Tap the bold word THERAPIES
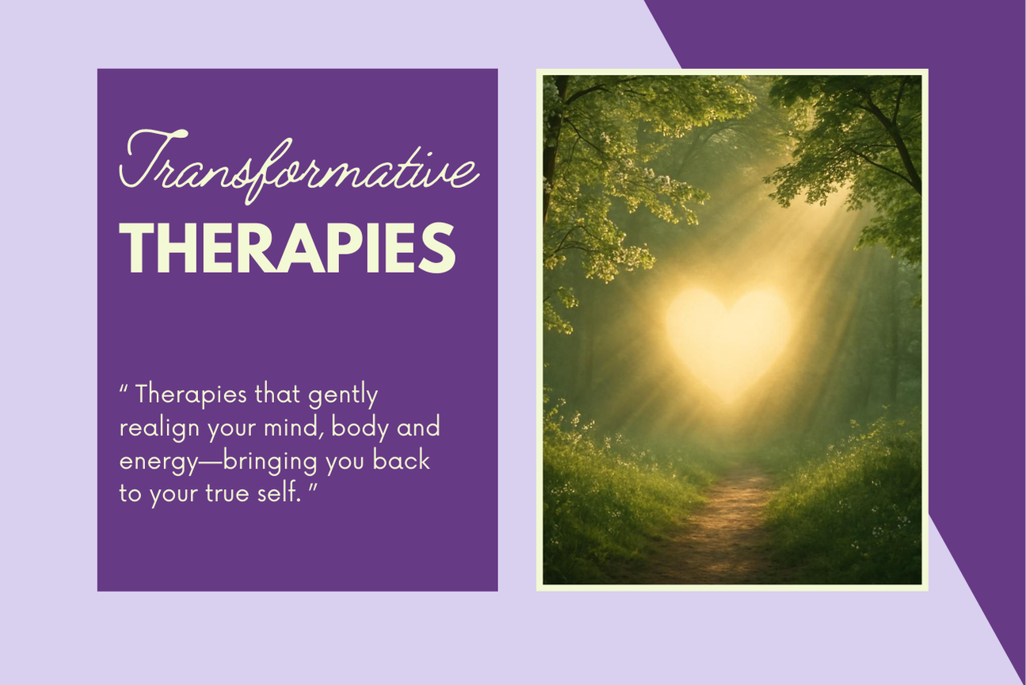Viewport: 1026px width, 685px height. pyautogui.click(x=287, y=248)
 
